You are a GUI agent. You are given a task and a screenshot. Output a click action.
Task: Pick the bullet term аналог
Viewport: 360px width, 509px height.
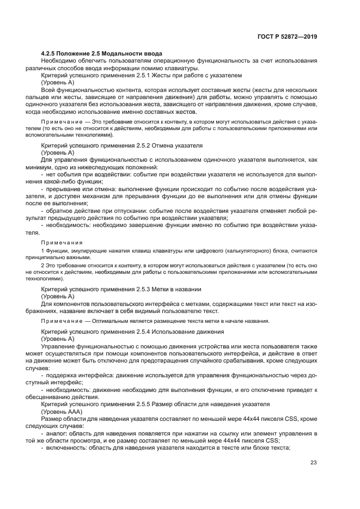(56, 432)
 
